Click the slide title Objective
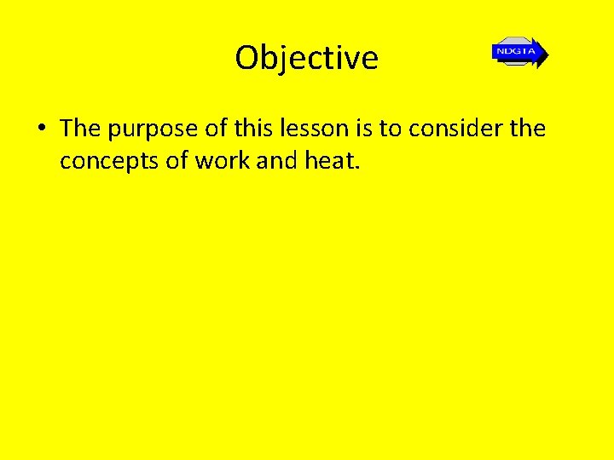click(307, 58)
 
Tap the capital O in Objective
click(246, 58)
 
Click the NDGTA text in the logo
click(514, 52)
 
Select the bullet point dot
click(41, 129)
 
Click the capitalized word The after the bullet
click(80, 128)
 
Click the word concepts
click(109, 160)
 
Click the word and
click(275, 159)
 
